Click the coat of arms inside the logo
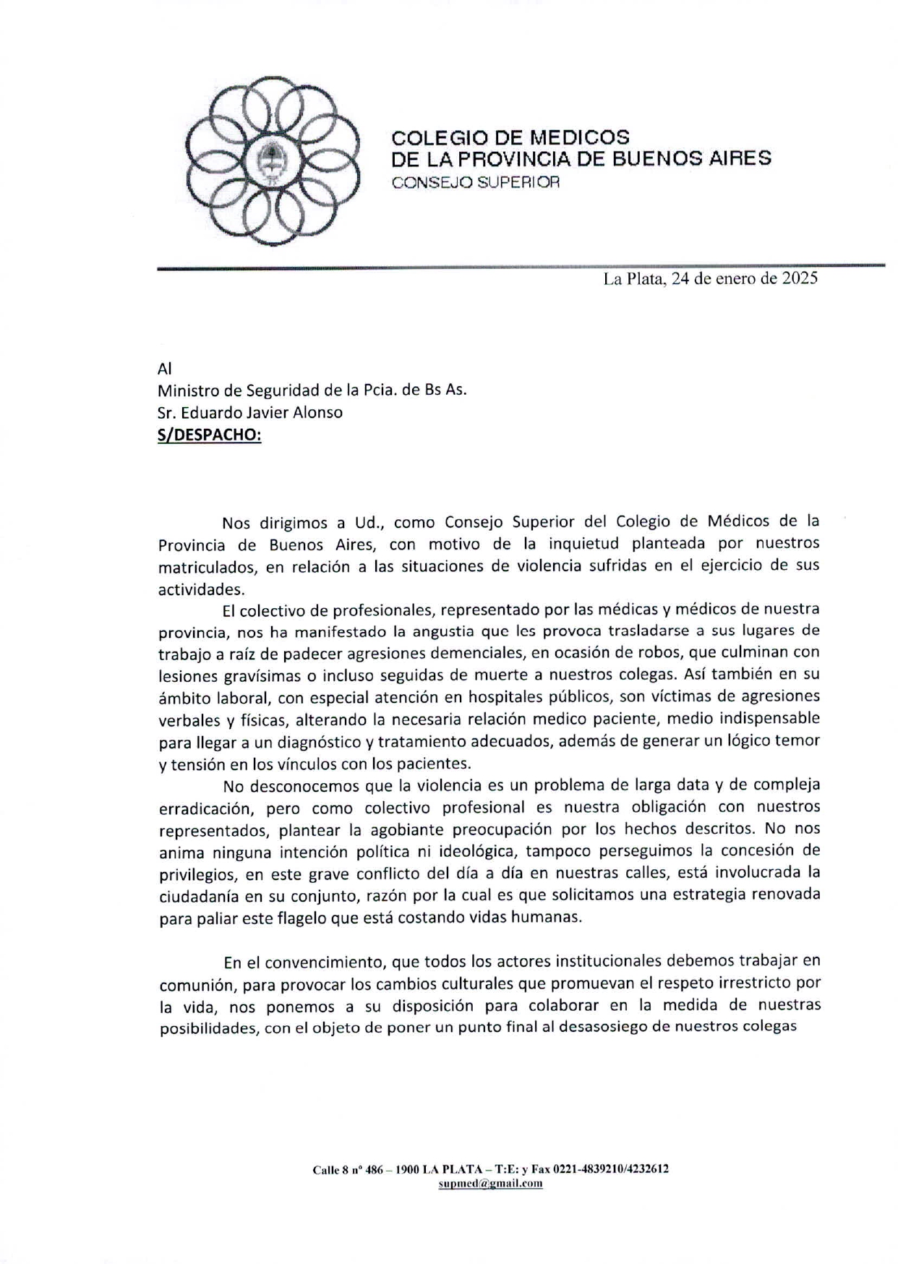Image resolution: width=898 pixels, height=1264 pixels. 273,161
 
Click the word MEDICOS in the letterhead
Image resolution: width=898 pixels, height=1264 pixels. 580,137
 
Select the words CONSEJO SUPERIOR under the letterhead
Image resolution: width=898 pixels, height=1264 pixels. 475,182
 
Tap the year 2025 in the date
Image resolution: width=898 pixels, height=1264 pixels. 799,278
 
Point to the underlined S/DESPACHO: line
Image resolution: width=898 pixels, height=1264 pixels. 209,435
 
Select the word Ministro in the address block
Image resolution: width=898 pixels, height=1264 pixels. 189,390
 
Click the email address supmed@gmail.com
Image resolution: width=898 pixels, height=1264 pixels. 490,1183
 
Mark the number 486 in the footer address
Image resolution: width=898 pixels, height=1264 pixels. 374,1169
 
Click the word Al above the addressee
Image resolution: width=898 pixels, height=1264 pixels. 165,368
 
